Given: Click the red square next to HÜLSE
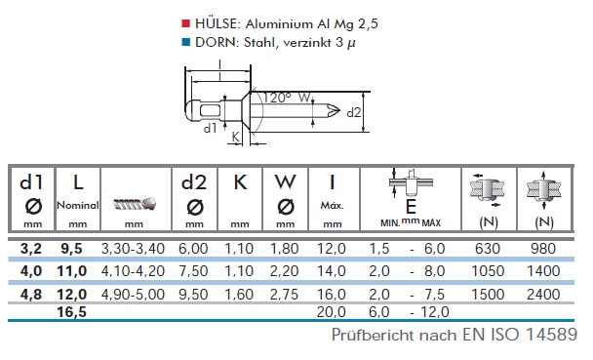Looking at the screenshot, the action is (x=185, y=23).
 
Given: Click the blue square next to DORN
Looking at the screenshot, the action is (x=185, y=42).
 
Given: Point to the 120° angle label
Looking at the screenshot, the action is (x=277, y=98).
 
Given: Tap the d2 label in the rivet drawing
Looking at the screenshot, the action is (x=354, y=113).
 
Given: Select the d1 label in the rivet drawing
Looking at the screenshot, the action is (x=210, y=129).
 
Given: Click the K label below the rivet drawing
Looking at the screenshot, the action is (x=236, y=137).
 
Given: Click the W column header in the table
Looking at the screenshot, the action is (x=285, y=181).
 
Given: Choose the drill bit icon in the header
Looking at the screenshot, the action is (x=135, y=204).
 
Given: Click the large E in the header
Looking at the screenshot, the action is (x=411, y=207).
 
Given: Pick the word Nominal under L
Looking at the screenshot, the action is (x=77, y=205).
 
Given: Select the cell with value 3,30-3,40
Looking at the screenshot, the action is (x=133, y=249).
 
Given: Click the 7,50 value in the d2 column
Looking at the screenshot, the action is (x=193, y=271).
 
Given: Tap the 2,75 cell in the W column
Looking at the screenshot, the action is (x=285, y=295).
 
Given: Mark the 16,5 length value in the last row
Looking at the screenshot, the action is (x=71, y=312).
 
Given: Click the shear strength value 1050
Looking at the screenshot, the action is (x=488, y=271).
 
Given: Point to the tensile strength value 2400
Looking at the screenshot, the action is (x=543, y=295).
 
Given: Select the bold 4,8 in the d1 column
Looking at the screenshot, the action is (x=31, y=295).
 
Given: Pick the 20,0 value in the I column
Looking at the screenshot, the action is (x=332, y=312).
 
